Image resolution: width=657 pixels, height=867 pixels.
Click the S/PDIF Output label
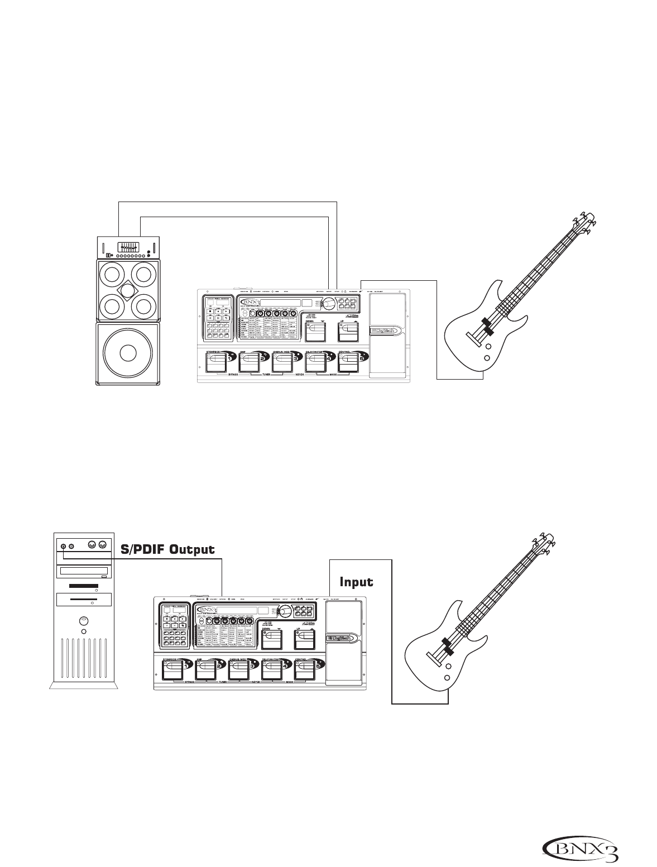(168, 549)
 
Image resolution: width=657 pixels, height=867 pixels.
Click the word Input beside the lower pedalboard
(357, 582)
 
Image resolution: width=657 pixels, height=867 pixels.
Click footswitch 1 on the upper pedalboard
(215, 363)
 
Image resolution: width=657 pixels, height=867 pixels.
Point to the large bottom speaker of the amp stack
(127, 353)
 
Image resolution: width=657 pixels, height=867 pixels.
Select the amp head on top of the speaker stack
(127, 247)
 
